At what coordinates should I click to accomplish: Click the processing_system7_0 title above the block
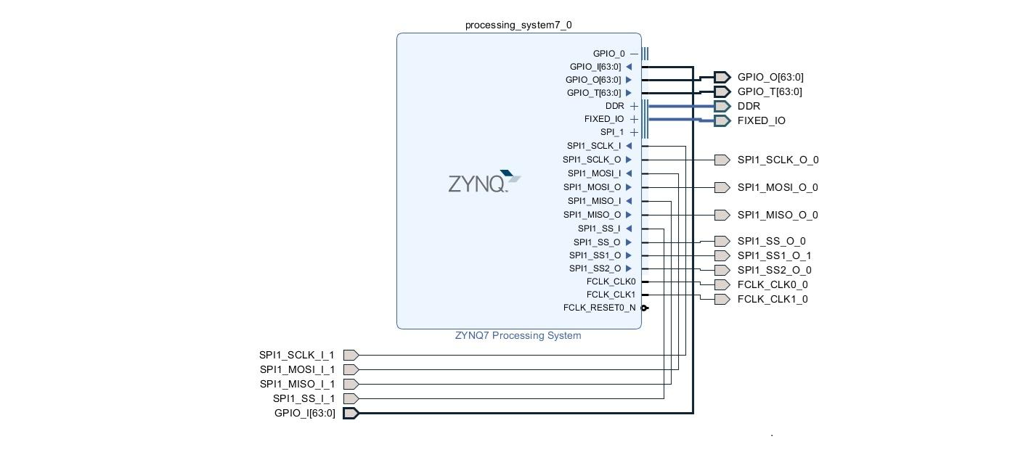coord(518,25)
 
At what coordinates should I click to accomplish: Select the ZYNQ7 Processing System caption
coord(518,336)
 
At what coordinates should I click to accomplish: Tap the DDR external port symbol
coord(722,106)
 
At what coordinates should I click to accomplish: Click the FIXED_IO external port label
coord(761,121)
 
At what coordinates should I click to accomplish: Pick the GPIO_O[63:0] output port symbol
coord(722,78)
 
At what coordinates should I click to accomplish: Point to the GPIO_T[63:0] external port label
coord(770,92)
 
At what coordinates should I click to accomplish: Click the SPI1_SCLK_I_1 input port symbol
coord(351,356)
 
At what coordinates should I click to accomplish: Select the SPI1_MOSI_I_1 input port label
coord(297,370)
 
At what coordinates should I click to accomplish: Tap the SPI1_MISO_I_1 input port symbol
coord(351,385)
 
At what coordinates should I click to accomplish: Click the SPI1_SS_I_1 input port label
coord(303,399)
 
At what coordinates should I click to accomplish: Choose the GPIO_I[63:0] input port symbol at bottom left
coord(351,414)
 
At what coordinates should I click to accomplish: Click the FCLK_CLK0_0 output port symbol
coord(722,285)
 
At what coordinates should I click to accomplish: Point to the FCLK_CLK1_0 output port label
coord(773,300)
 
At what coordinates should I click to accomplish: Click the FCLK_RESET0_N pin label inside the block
coord(599,308)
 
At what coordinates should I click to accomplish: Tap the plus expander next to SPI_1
coord(634,133)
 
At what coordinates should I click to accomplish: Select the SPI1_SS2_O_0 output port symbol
coord(722,271)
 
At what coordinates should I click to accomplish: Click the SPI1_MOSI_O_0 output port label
coord(778,188)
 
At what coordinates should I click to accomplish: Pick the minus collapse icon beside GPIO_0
coord(634,54)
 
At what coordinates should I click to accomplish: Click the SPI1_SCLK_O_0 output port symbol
coord(722,160)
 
